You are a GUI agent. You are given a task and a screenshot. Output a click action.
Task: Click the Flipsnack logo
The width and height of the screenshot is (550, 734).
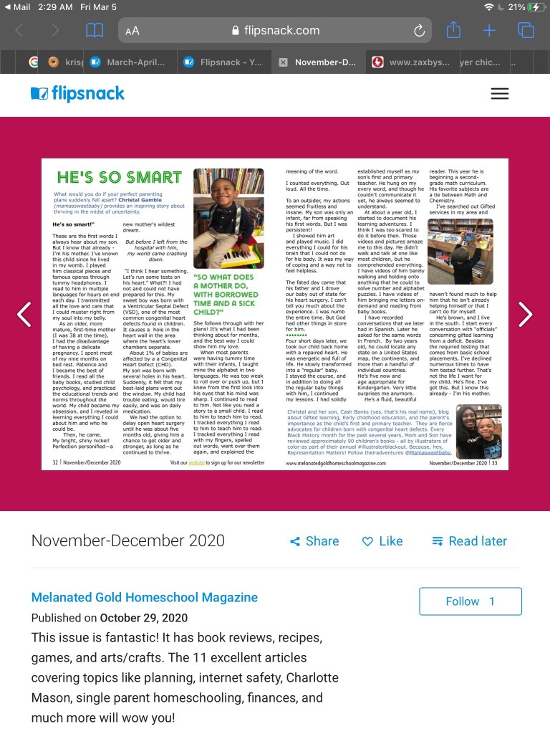click(77, 94)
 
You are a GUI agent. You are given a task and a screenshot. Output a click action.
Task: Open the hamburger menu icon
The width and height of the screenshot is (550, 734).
click(500, 94)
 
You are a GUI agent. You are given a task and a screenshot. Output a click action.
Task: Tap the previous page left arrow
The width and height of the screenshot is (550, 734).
click(24, 314)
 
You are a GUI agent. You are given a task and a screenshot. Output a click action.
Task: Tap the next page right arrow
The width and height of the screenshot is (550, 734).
click(526, 314)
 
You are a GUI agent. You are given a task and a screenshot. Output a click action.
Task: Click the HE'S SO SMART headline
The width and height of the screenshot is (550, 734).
click(120, 177)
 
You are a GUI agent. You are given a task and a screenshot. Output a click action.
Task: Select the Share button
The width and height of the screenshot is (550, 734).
click(314, 541)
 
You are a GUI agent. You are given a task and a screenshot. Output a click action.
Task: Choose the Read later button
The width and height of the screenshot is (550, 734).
click(469, 541)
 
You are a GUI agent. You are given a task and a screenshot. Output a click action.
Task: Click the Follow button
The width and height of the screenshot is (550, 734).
click(470, 601)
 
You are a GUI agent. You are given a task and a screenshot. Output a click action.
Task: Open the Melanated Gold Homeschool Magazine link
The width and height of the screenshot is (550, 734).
click(145, 597)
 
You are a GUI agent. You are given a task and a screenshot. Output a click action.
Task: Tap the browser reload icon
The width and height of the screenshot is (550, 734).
click(420, 30)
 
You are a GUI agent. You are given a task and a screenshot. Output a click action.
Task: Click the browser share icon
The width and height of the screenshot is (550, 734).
click(453, 30)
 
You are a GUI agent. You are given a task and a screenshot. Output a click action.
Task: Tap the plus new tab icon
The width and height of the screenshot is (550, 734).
click(489, 30)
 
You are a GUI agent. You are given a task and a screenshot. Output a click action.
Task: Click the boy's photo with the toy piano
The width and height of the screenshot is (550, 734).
click(228, 218)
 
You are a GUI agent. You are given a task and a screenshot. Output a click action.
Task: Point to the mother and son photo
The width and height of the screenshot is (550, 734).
click(478, 432)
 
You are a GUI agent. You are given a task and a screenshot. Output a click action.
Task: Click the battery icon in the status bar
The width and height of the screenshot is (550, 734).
click(535, 7)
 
